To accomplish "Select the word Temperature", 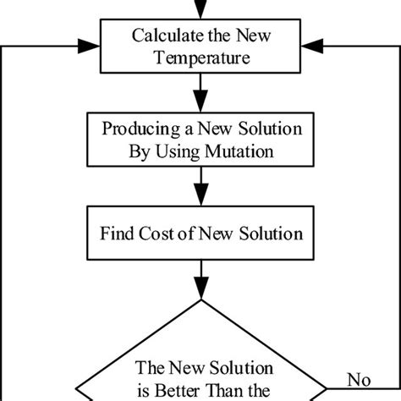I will coord(200,61).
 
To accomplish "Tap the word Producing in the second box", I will coord(135,131).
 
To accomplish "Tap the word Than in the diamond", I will coord(229,391).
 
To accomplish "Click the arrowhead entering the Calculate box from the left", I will coord(95,38).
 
